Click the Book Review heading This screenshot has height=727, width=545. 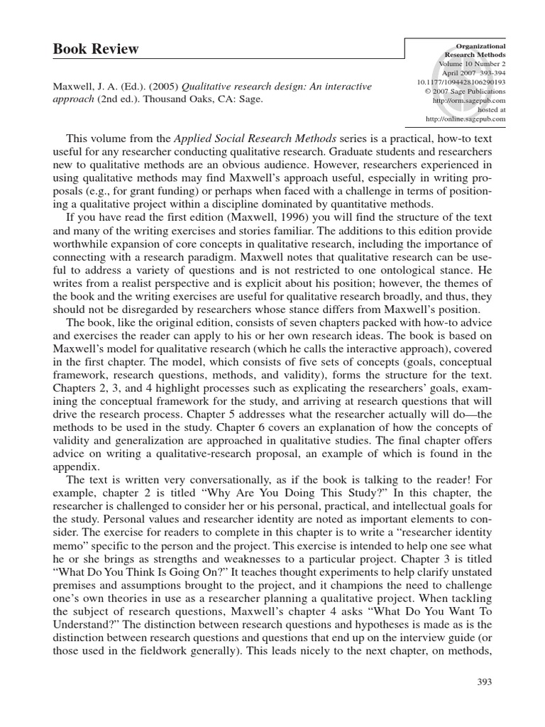point(96,49)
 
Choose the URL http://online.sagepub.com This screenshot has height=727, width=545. point(466,119)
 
